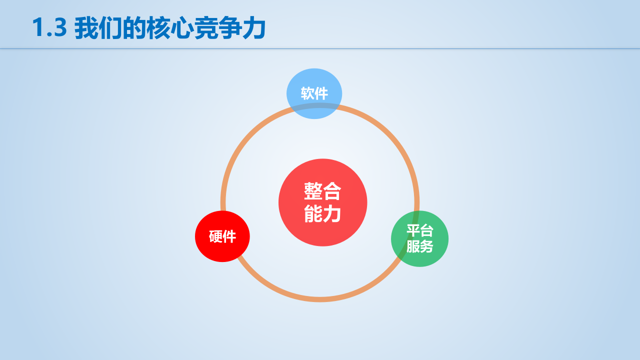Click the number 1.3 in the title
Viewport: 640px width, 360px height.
pos(49,28)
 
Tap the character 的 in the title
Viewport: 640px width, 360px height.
pos(134,28)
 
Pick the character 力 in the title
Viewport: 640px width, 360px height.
pos(254,28)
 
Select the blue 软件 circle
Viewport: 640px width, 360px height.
pos(314,93)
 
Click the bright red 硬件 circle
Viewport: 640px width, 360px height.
pos(222,236)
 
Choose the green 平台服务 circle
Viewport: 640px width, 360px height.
pos(419,238)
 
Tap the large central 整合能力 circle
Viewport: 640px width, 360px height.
pos(322,202)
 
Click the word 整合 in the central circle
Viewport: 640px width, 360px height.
pos(322,191)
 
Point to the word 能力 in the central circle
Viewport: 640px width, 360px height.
pos(322,214)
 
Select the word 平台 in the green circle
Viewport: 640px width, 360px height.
pos(419,230)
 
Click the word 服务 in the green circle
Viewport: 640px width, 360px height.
pos(419,246)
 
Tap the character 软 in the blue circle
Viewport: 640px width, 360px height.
pos(307,93)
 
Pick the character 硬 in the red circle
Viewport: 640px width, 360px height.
pos(215,236)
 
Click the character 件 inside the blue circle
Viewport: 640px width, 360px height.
pos(321,93)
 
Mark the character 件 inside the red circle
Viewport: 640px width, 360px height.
pos(229,236)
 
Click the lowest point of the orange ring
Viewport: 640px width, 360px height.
pos(320,299)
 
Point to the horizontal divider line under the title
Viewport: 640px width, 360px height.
pos(320,48)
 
